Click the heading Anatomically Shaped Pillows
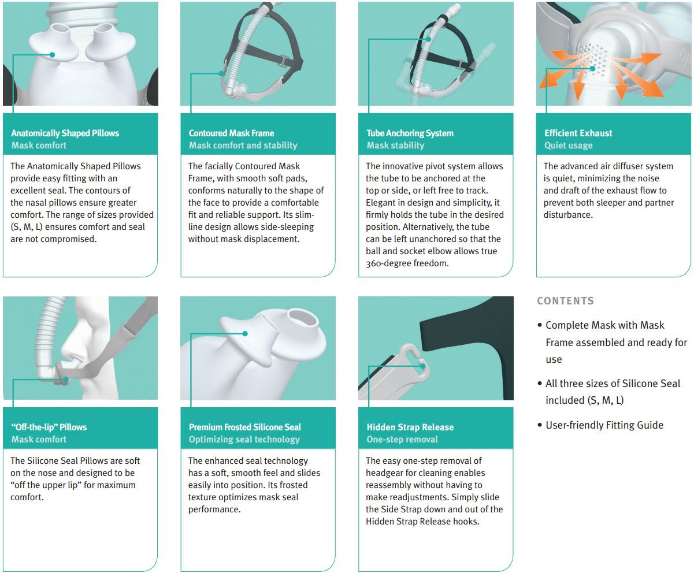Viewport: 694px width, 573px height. (x=65, y=133)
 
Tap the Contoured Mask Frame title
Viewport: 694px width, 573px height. (x=231, y=133)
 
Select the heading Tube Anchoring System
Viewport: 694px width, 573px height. (x=410, y=133)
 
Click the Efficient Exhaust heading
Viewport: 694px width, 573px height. (x=578, y=133)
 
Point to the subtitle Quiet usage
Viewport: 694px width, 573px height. (x=569, y=146)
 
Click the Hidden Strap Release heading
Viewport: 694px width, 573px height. (x=410, y=427)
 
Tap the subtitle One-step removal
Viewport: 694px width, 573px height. (x=402, y=440)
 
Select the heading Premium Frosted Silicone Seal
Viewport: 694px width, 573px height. (x=245, y=427)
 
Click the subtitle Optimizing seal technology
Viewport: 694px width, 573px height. (x=244, y=440)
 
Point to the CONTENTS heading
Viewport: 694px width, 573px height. (x=565, y=301)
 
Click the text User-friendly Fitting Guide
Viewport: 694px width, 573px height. (x=604, y=425)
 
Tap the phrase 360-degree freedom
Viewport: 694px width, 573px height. (x=407, y=263)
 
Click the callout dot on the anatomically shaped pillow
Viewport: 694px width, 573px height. (x=52, y=55)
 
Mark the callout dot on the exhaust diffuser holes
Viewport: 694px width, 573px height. (x=593, y=69)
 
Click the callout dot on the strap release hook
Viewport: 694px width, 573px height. (x=423, y=366)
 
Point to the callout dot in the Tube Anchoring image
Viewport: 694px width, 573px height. (x=428, y=39)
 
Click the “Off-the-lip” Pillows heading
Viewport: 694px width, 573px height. (x=49, y=427)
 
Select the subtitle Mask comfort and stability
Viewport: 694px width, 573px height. (x=243, y=146)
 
